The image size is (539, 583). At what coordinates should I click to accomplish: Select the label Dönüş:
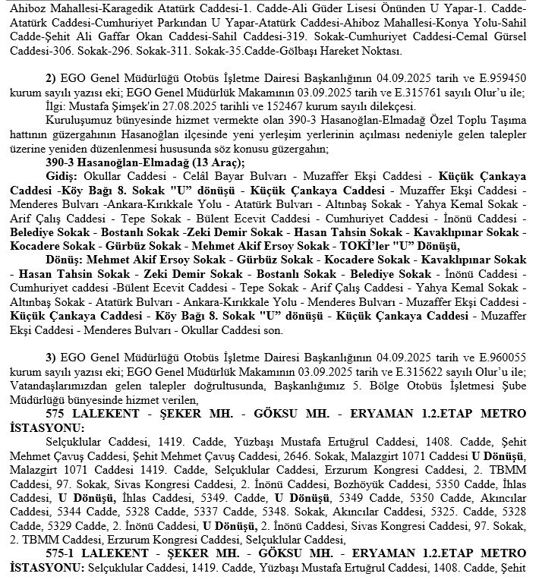64,260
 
